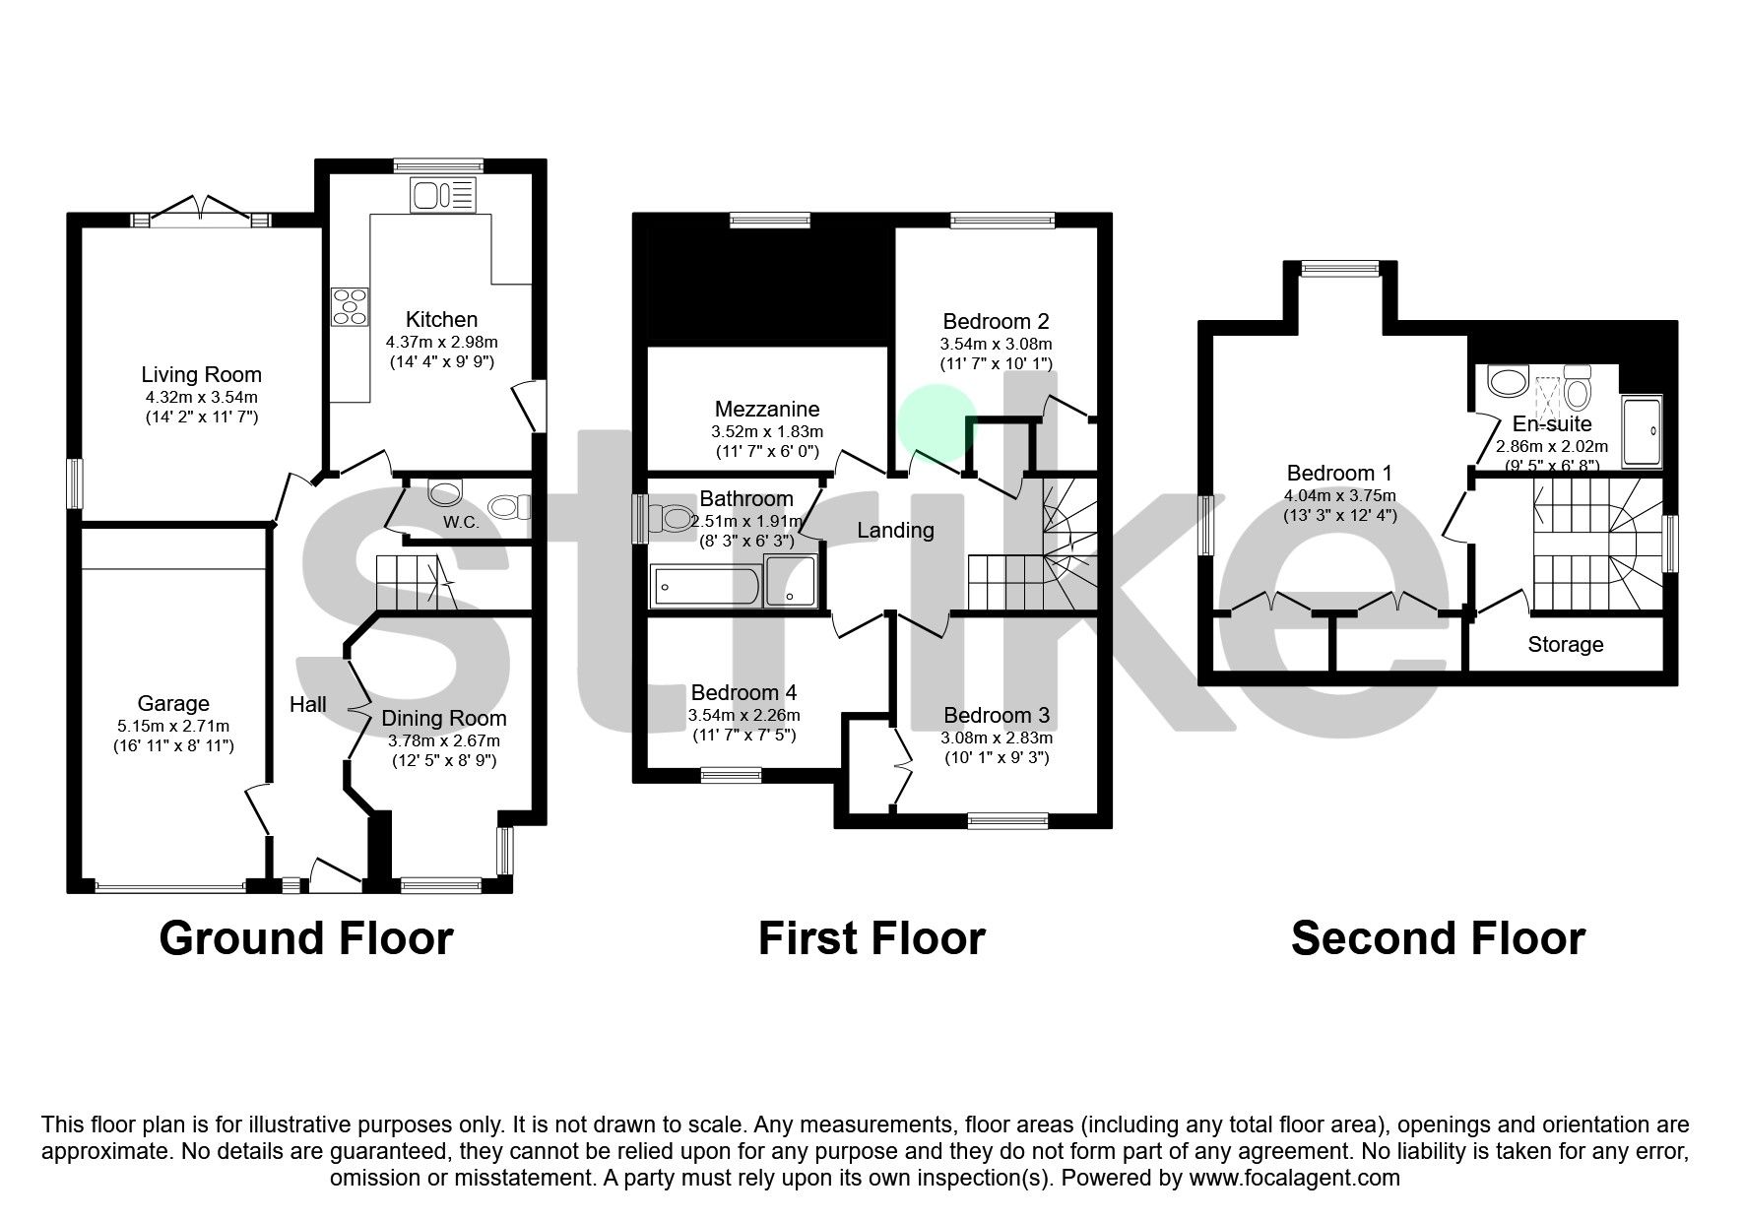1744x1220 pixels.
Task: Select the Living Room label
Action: pos(201,374)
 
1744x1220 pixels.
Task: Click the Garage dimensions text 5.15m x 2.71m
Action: pos(173,726)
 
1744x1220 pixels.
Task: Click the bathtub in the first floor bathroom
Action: pos(705,587)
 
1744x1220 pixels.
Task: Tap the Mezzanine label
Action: pos(767,409)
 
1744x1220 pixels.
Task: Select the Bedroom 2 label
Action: pos(996,321)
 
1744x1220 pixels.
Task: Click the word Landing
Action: pos(895,531)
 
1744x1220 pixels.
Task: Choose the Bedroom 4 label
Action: pos(743,692)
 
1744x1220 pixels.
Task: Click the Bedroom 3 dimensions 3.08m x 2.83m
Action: pos(997,738)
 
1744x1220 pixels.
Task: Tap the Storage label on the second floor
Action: pos(1565,645)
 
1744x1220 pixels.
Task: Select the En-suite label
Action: pos(1552,424)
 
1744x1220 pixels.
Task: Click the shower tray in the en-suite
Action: pos(1641,431)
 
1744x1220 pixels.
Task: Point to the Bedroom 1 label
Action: pos(1339,473)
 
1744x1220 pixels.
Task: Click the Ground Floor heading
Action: pos(306,938)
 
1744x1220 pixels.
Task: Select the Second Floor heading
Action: pos(1438,938)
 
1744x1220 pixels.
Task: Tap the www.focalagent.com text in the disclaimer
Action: pos(1294,1178)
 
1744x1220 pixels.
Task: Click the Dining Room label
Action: pos(443,719)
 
